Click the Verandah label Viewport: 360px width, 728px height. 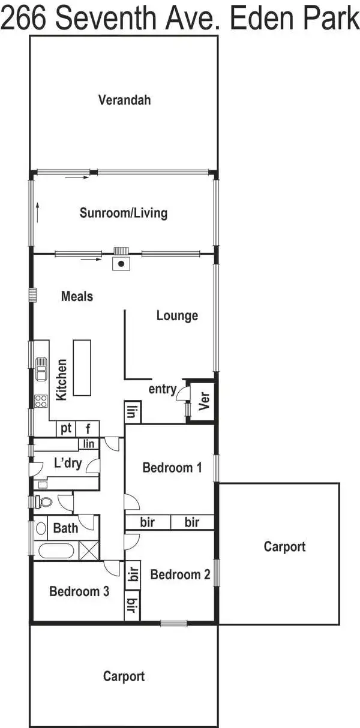(124, 100)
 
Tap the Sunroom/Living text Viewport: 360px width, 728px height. (124, 213)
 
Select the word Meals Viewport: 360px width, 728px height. (77, 296)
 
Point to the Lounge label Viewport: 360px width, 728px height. (177, 315)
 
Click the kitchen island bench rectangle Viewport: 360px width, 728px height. (82, 367)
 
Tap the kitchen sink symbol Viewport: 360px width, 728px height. (41, 369)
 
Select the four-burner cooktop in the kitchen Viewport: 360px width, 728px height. (41, 401)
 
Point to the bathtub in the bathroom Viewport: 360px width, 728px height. (55, 550)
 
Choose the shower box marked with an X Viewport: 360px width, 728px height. (89, 550)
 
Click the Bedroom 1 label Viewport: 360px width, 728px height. (172, 468)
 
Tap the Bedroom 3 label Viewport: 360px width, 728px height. (79, 591)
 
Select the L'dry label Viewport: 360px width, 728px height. (68, 463)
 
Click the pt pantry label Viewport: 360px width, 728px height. (66, 428)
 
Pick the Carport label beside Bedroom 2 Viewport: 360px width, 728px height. (284, 546)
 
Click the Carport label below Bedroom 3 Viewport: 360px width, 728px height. (124, 676)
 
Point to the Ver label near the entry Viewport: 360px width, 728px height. (203, 401)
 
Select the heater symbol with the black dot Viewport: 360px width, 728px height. (121, 263)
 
